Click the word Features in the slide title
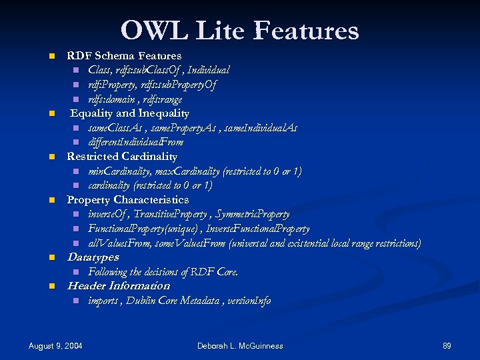(x=307, y=31)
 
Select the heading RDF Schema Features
(x=124, y=56)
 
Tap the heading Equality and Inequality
(x=129, y=113)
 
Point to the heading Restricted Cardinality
(x=122, y=157)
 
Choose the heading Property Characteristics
(x=128, y=200)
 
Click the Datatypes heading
(x=93, y=257)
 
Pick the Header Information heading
(x=119, y=286)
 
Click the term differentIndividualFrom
(x=135, y=142)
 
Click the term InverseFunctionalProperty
(x=258, y=229)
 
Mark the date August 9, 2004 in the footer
(x=55, y=346)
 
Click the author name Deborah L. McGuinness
(x=240, y=346)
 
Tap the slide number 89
(x=447, y=346)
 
